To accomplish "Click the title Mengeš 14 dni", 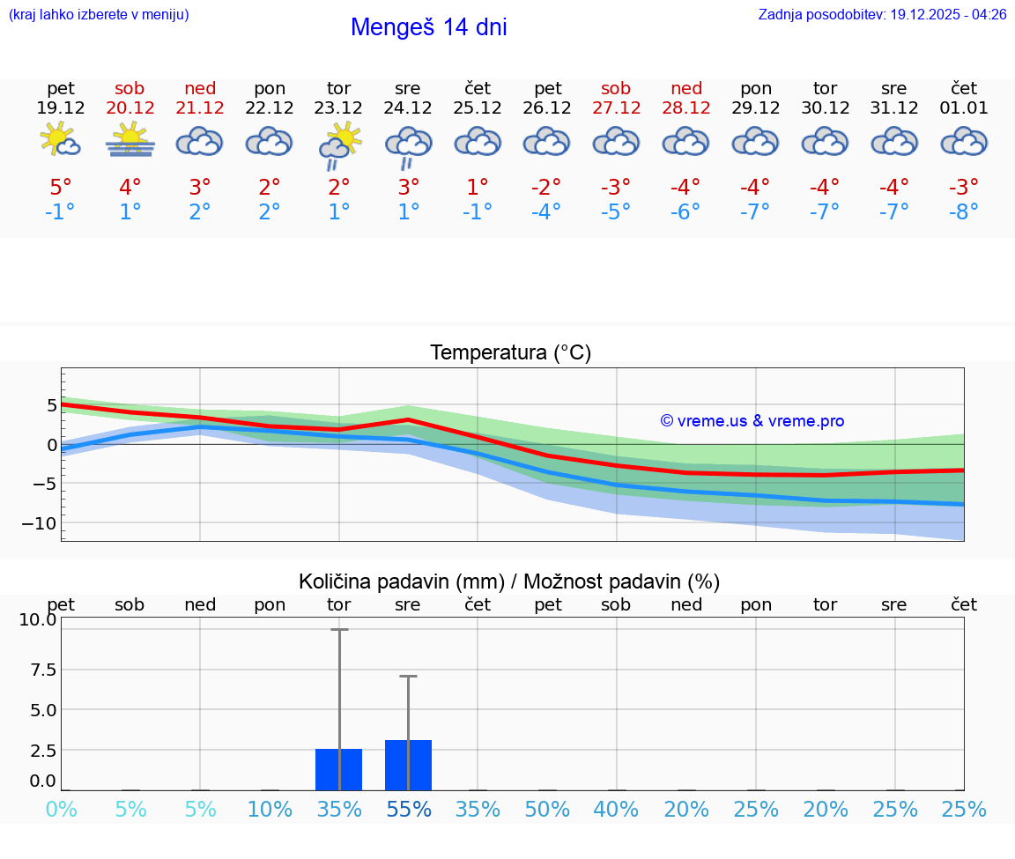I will click(x=428, y=27).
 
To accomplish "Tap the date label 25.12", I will click(x=478, y=108).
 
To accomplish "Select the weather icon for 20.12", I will click(x=130, y=141).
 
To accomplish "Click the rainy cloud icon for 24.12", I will click(x=408, y=146).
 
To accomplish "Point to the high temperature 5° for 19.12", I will click(x=61, y=188).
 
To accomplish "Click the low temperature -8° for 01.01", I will click(x=964, y=212).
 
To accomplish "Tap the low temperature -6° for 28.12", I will click(x=685, y=212).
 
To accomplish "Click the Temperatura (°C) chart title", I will click(x=510, y=353).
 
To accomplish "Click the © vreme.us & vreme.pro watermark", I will click(x=752, y=421).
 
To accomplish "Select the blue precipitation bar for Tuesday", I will click(x=339, y=769).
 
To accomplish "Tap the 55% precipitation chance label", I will click(x=408, y=809).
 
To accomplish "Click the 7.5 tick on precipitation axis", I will click(x=38, y=670).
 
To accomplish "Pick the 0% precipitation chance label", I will click(x=61, y=809).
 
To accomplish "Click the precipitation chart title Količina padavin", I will click(x=509, y=581).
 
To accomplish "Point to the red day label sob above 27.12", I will click(x=616, y=88).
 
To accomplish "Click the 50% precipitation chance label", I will click(x=547, y=809).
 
